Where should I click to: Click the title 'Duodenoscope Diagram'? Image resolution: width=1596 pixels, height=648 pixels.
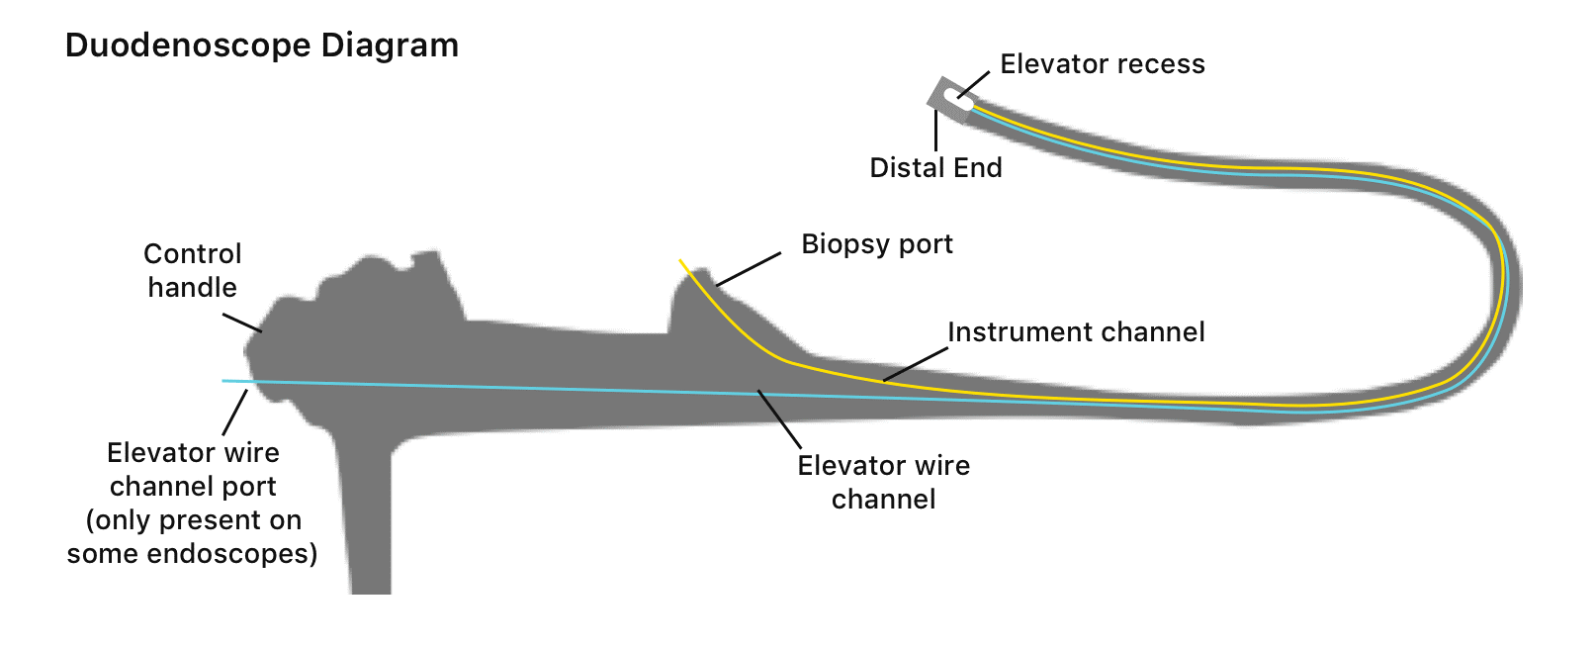click(x=262, y=46)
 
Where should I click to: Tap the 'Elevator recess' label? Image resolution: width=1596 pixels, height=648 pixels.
click(x=1103, y=64)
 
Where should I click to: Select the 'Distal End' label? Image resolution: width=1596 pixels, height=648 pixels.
click(x=935, y=168)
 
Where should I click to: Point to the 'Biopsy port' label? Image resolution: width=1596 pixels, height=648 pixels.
click(x=877, y=244)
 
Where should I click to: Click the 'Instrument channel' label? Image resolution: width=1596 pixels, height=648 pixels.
click(x=1076, y=332)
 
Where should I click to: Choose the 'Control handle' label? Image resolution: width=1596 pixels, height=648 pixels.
click(x=192, y=270)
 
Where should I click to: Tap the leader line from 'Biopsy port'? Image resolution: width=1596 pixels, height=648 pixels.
click(x=749, y=269)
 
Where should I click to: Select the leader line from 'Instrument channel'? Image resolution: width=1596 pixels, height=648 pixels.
click(x=916, y=364)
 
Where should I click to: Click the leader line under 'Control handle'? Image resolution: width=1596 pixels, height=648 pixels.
click(x=241, y=323)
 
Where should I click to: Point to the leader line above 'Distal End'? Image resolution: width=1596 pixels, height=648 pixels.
click(x=935, y=131)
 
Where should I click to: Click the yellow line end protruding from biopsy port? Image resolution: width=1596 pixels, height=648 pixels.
click(x=682, y=262)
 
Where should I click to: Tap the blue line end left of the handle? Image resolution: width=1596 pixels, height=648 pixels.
click(x=226, y=381)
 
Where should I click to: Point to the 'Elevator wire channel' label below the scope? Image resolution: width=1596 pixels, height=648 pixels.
click(x=883, y=482)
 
